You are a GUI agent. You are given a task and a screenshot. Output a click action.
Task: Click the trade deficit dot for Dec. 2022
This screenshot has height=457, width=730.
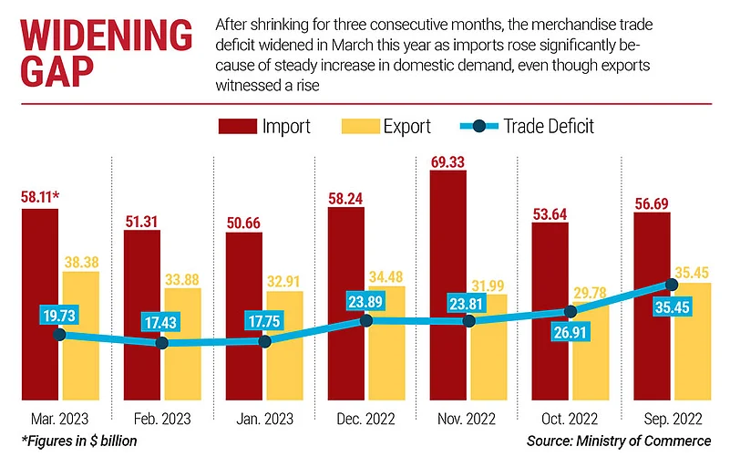(366, 320)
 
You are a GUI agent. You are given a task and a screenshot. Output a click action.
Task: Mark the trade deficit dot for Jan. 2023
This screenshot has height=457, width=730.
(265, 341)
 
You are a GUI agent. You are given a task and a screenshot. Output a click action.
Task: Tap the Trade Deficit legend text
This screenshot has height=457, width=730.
(550, 126)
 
